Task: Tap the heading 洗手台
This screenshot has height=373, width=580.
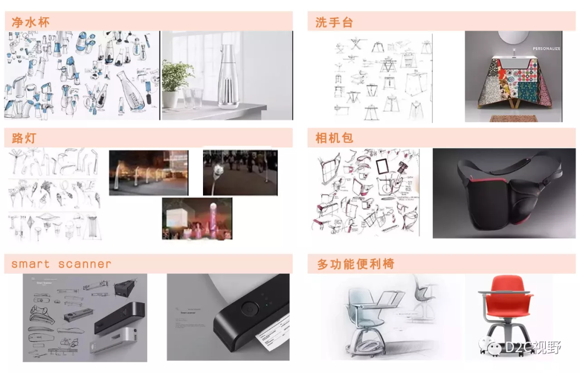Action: coord(334,22)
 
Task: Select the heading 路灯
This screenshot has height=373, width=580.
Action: coord(24,138)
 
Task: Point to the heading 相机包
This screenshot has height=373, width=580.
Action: coord(334,138)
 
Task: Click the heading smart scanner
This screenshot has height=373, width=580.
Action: coord(61,264)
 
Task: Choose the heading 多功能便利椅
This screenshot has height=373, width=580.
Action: coord(356,264)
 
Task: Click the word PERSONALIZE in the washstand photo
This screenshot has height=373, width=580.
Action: coord(546,48)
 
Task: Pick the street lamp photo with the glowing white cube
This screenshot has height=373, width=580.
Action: coord(197,218)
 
